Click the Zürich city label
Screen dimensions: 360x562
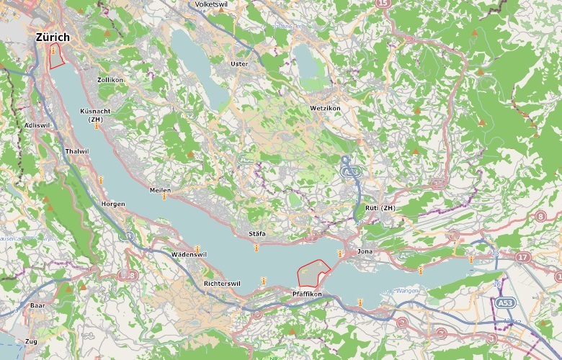coord(52,37)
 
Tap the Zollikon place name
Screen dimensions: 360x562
coord(110,80)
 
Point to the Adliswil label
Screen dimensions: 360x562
coord(37,125)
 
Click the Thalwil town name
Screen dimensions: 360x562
coord(76,151)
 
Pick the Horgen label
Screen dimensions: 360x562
coord(113,204)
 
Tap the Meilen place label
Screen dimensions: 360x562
coord(159,189)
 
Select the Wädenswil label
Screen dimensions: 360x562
coord(189,255)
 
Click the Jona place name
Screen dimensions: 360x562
coord(365,252)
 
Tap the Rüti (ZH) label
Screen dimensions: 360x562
coord(381,208)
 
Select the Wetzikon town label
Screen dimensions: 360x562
coord(324,107)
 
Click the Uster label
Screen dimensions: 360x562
coord(238,64)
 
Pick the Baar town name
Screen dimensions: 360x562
coord(37,306)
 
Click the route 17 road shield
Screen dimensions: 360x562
coord(522,256)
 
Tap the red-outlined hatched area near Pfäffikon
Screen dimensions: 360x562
coord(313,274)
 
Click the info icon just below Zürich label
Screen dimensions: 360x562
coord(53,50)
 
